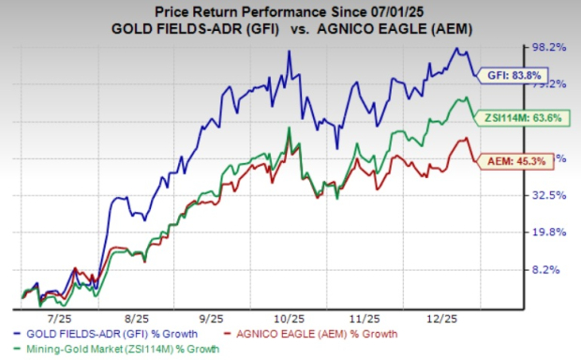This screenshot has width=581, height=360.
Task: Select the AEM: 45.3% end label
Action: point(508,161)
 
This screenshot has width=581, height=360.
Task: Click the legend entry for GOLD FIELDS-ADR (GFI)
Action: point(105,334)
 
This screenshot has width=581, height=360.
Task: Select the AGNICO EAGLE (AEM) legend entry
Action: point(327,334)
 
